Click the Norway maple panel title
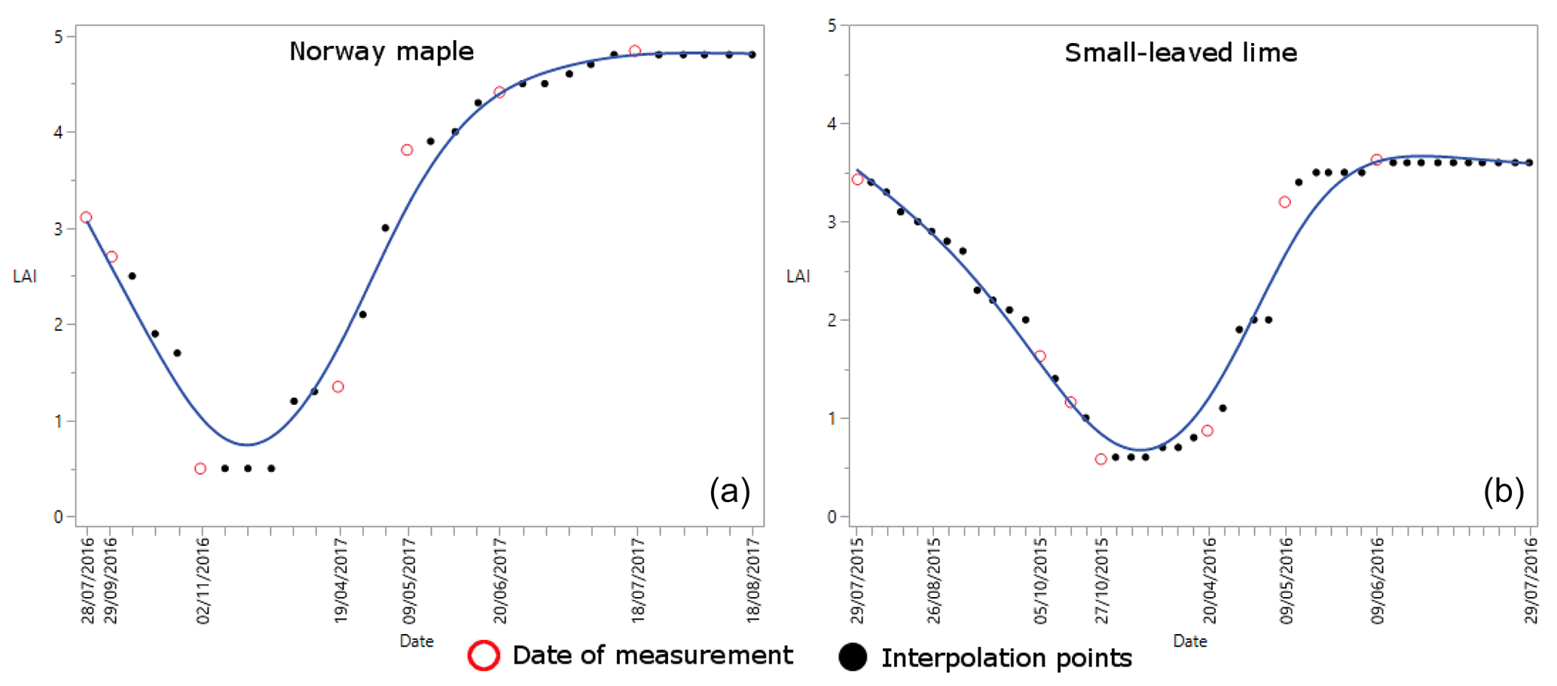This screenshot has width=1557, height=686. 381,51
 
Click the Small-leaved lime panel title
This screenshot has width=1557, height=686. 1180,53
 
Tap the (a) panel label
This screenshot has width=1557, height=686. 729,492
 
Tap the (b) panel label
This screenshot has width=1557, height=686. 1503,492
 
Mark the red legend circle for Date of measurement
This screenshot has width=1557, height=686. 484,656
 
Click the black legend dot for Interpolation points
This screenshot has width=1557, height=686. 853,657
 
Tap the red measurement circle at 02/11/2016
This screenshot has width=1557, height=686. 200,469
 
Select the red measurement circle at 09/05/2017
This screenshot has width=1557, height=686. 407,150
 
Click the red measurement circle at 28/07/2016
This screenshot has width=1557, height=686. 86,217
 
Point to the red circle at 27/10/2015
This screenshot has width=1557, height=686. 1101,459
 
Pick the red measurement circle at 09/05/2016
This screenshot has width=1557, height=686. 1285,202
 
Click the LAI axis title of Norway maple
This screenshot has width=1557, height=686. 25,277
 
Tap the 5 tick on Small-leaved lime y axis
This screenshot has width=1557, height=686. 832,26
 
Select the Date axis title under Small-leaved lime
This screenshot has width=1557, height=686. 1190,642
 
